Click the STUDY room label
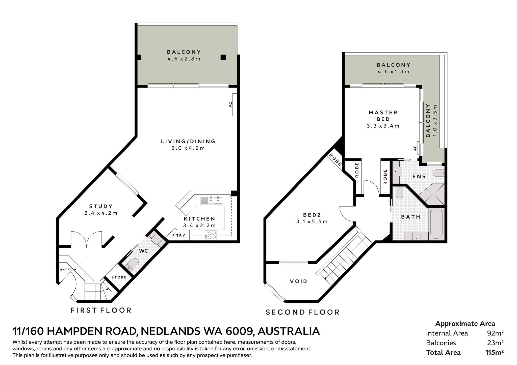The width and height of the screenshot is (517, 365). click(x=101, y=207)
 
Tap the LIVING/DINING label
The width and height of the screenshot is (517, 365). click(x=188, y=141)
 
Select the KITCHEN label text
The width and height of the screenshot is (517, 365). click(x=199, y=219)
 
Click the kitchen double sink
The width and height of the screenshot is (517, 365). click(x=211, y=200)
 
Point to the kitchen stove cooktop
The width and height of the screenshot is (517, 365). click(x=211, y=235)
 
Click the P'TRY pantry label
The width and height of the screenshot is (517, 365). click(x=179, y=235)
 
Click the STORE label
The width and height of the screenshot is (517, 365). click(x=119, y=277)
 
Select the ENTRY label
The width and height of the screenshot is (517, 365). click(x=66, y=270)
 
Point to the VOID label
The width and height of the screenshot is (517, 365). click(x=299, y=281)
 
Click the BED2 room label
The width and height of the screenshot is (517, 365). click(x=312, y=215)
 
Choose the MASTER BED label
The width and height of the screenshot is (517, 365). click(x=383, y=116)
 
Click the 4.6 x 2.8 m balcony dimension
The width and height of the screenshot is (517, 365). click(x=184, y=59)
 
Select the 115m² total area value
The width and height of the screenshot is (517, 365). click(x=494, y=352)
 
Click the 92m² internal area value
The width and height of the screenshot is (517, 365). click(x=495, y=333)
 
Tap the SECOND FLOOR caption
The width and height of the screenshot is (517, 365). click(x=302, y=312)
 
